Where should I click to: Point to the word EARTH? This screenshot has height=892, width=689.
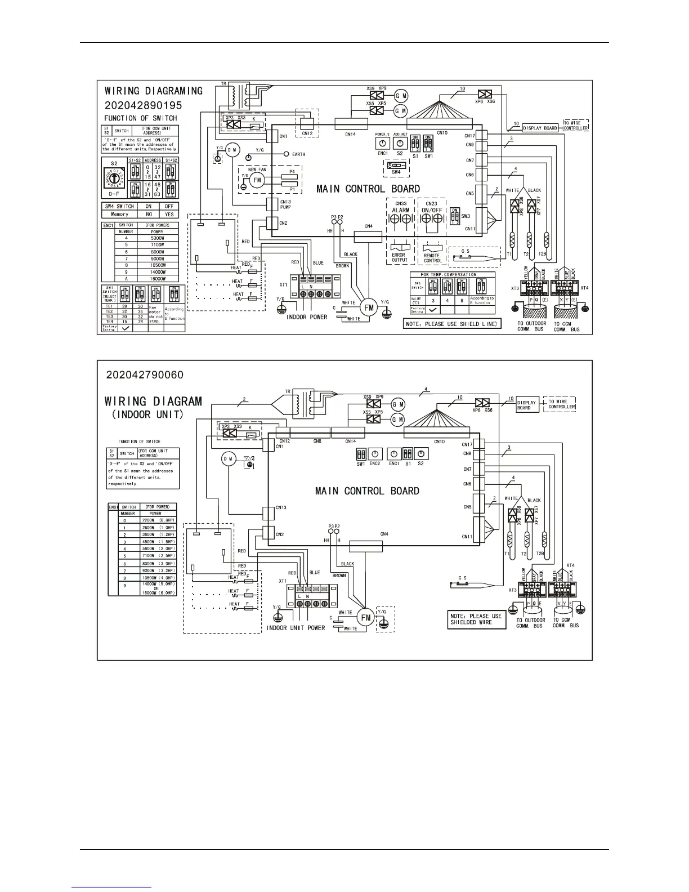pos(298,154)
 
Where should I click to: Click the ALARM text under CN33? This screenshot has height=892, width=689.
pos(401,210)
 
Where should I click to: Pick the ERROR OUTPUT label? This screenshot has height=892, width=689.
pos(399,258)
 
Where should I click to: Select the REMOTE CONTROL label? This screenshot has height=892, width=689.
pos(432,258)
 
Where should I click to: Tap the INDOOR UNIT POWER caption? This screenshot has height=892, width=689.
pos(296,628)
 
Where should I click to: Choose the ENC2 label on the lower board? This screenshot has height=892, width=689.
pos(375,463)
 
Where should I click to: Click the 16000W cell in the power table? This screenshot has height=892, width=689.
pos(157,279)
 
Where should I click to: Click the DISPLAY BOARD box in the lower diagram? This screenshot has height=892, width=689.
pos(526,404)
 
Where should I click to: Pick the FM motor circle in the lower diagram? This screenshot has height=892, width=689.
pos(366,617)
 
